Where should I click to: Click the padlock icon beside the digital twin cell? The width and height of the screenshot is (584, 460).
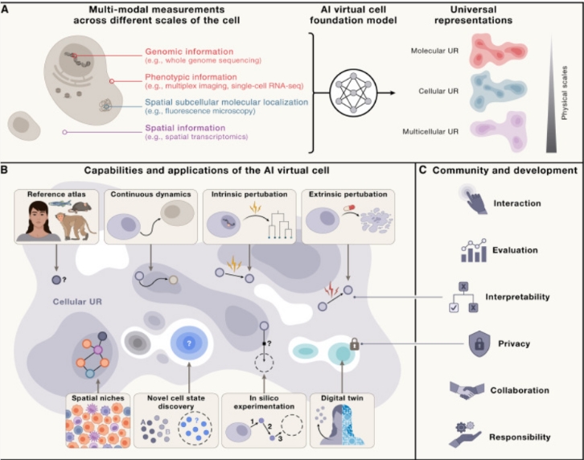coord(355,343)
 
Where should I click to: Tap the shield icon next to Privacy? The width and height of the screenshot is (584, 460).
coord(479,343)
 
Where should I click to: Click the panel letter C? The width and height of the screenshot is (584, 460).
coord(423,170)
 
